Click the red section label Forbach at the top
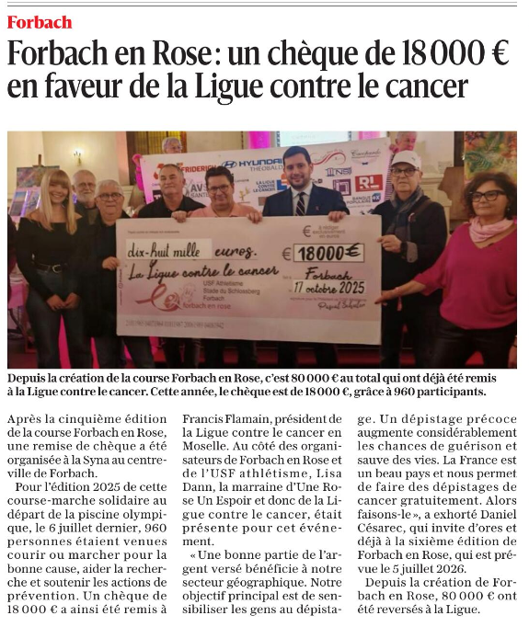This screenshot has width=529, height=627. tap(39, 20)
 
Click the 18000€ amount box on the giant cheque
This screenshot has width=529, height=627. tap(328, 251)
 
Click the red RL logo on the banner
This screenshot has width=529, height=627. tap(369, 182)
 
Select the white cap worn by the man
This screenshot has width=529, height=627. tap(405, 157)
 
